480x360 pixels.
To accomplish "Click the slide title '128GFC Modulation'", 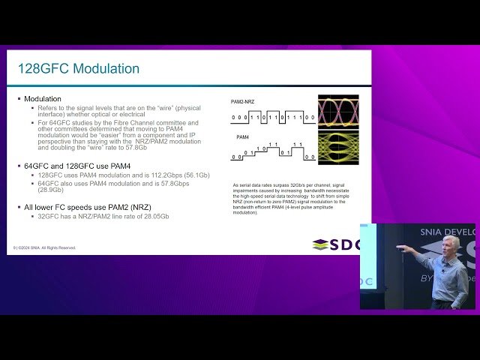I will tap(78, 69).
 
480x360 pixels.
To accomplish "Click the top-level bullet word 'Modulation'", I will tap(43, 99).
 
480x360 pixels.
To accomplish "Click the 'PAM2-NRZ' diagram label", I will tap(244, 101).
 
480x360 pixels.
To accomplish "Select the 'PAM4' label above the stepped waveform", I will tap(243, 137).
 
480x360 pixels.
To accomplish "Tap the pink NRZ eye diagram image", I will tap(339, 110).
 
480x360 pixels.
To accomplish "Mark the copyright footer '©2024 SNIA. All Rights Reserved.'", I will tap(47, 247).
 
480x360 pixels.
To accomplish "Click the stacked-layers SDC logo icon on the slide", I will tap(320, 244).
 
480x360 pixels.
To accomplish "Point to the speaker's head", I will tap(450, 245).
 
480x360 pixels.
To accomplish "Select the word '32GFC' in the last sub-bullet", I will tap(49, 216).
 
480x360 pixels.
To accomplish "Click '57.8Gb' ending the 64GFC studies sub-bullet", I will tap(135, 148).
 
